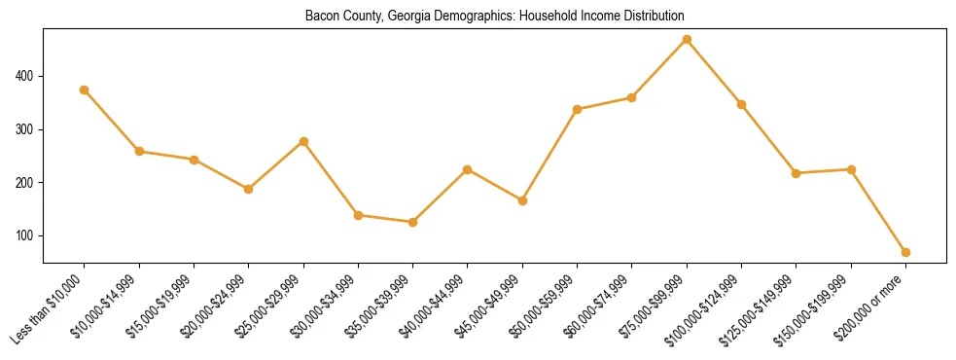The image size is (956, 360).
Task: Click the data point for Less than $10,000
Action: click(x=85, y=90)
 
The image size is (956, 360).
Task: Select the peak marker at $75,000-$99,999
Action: click(x=687, y=40)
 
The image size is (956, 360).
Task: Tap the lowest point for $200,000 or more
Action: click(x=905, y=252)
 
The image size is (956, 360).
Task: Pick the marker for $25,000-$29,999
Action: click(x=303, y=141)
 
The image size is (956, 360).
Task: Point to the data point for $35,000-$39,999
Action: click(x=413, y=222)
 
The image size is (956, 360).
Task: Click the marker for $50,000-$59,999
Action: click(x=578, y=109)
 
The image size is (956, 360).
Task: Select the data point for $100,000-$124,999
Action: click(x=741, y=104)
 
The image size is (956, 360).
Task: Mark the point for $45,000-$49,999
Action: click(x=522, y=200)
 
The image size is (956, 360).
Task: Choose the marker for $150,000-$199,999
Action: click(x=851, y=169)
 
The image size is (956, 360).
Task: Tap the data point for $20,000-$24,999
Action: click(x=249, y=189)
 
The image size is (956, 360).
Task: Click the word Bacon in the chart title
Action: click(x=321, y=17)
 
